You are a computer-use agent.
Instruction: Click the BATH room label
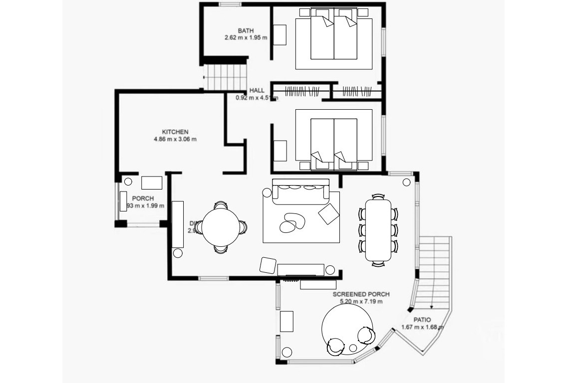coord(246,31)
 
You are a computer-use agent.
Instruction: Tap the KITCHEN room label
coord(175,132)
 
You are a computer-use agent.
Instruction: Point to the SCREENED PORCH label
coord(361,294)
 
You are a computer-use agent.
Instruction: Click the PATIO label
coord(422,320)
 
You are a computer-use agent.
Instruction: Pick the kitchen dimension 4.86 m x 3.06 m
coord(175,139)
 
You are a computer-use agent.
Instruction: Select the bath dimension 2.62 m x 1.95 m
coord(246,37)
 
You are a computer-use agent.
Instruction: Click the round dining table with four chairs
coord(220,227)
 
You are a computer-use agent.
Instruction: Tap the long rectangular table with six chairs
coord(378,229)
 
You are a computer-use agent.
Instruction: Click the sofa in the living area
coord(300,191)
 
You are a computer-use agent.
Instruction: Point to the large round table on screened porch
coord(347,327)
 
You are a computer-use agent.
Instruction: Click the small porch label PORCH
coord(143,198)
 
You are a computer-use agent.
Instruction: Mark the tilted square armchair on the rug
coord(328,214)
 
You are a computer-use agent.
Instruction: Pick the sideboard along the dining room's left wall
coord(178,224)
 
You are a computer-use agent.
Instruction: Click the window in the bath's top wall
coord(230,4)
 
